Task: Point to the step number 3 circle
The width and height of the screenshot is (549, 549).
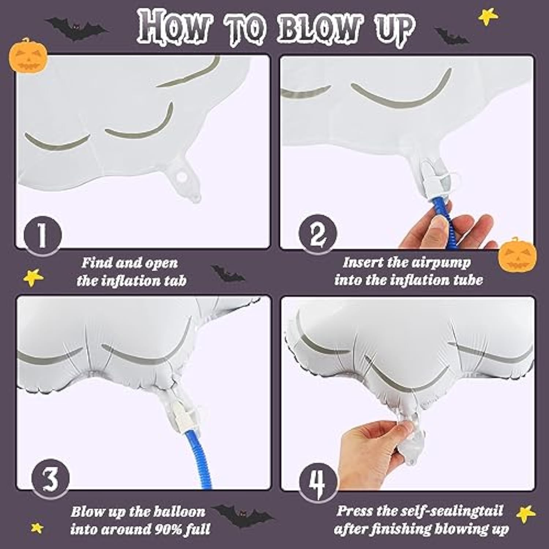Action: (51, 478)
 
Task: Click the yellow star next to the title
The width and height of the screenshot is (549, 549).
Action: (488, 16)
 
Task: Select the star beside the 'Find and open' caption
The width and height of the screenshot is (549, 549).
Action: (33, 277)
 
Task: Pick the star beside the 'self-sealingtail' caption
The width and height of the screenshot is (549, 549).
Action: (526, 514)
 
